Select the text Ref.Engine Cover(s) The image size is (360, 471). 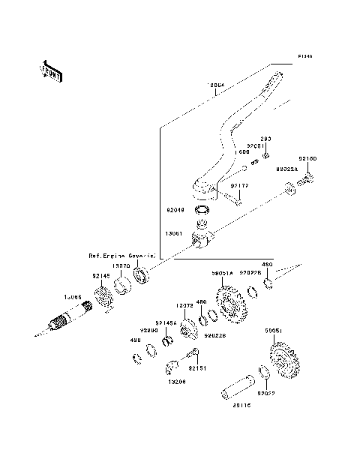click(122, 256)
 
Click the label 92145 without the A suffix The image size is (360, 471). click(102, 276)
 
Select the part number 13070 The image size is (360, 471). click(121, 265)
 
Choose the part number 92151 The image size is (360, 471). click(196, 367)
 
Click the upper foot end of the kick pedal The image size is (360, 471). click(279, 76)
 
